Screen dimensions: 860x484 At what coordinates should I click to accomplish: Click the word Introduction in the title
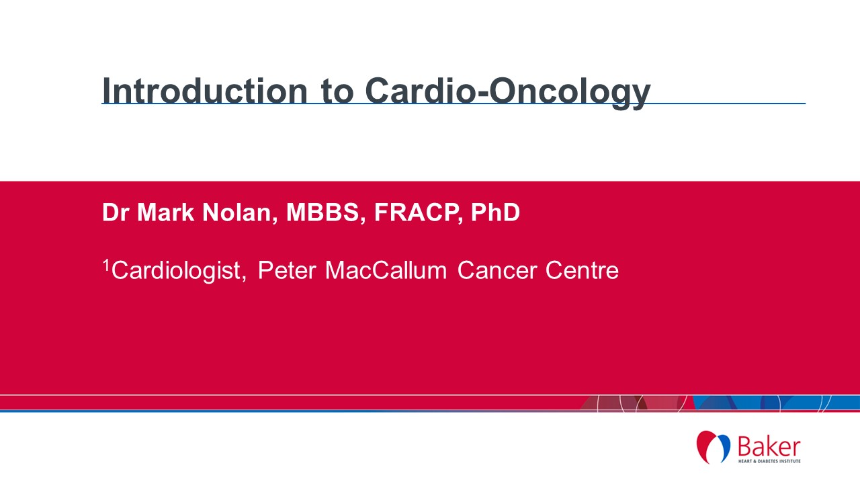tap(205, 91)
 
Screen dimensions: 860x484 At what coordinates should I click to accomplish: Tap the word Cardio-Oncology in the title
tap(507, 93)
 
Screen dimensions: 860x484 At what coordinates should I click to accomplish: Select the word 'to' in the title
tap(337, 92)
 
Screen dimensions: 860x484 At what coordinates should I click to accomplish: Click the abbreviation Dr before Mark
tap(115, 212)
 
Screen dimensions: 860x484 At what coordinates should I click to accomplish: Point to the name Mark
tap(166, 212)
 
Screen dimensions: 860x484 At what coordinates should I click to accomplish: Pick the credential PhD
tap(495, 212)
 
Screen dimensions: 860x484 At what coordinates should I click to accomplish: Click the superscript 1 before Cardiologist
tap(106, 265)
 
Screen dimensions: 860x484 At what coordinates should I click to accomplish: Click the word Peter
tap(287, 270)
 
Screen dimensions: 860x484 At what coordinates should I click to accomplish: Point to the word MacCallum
tap(386, 270)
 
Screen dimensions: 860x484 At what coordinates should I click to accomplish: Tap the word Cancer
tap(497, 270)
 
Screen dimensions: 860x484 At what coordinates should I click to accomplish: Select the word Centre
tap(582, 270)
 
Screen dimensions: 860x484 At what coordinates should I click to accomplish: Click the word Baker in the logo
tap(769, 447)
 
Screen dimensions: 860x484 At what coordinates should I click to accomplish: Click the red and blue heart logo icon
tap(714, 447)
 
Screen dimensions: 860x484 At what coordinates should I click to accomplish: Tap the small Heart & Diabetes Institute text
tap(769, 461)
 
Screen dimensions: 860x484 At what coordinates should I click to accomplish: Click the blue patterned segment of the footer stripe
tap(776, 403)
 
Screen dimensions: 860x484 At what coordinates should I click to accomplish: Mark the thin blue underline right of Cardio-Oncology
tap(728, 104)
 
